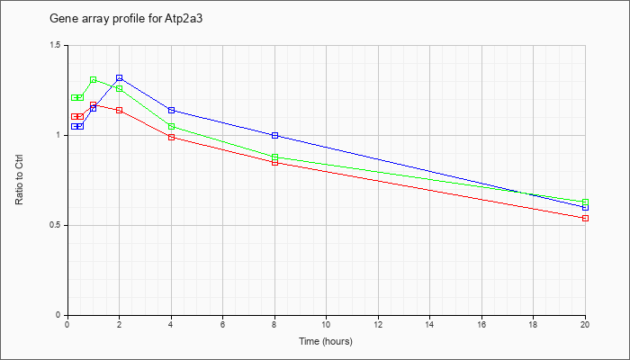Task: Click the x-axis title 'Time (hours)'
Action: (x=326, y=342)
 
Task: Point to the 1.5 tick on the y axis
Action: (x=55, y=45)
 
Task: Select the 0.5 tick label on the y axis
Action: (x=55, y=225)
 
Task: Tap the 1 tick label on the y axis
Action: (x=58, y=135)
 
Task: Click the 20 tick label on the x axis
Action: (x=585, y=324)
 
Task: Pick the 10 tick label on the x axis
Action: (x=326, y=324)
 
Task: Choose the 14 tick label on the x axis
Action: (x=429, y=324)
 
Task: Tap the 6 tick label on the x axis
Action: (x=222, y=324)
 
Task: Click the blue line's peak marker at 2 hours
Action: (x=119, y=78)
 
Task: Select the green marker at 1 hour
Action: (x=93, y=80)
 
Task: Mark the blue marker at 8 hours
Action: (x=274, y=135)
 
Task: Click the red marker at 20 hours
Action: (x=585, y=218)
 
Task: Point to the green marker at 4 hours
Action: (x=171, y=126)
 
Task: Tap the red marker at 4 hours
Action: (x=171, y=137)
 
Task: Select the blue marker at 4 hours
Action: (x=171, y=110)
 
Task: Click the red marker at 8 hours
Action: (x=274, y=162)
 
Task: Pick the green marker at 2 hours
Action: (x=119, y=88)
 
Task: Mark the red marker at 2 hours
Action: (x=119, y=110)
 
